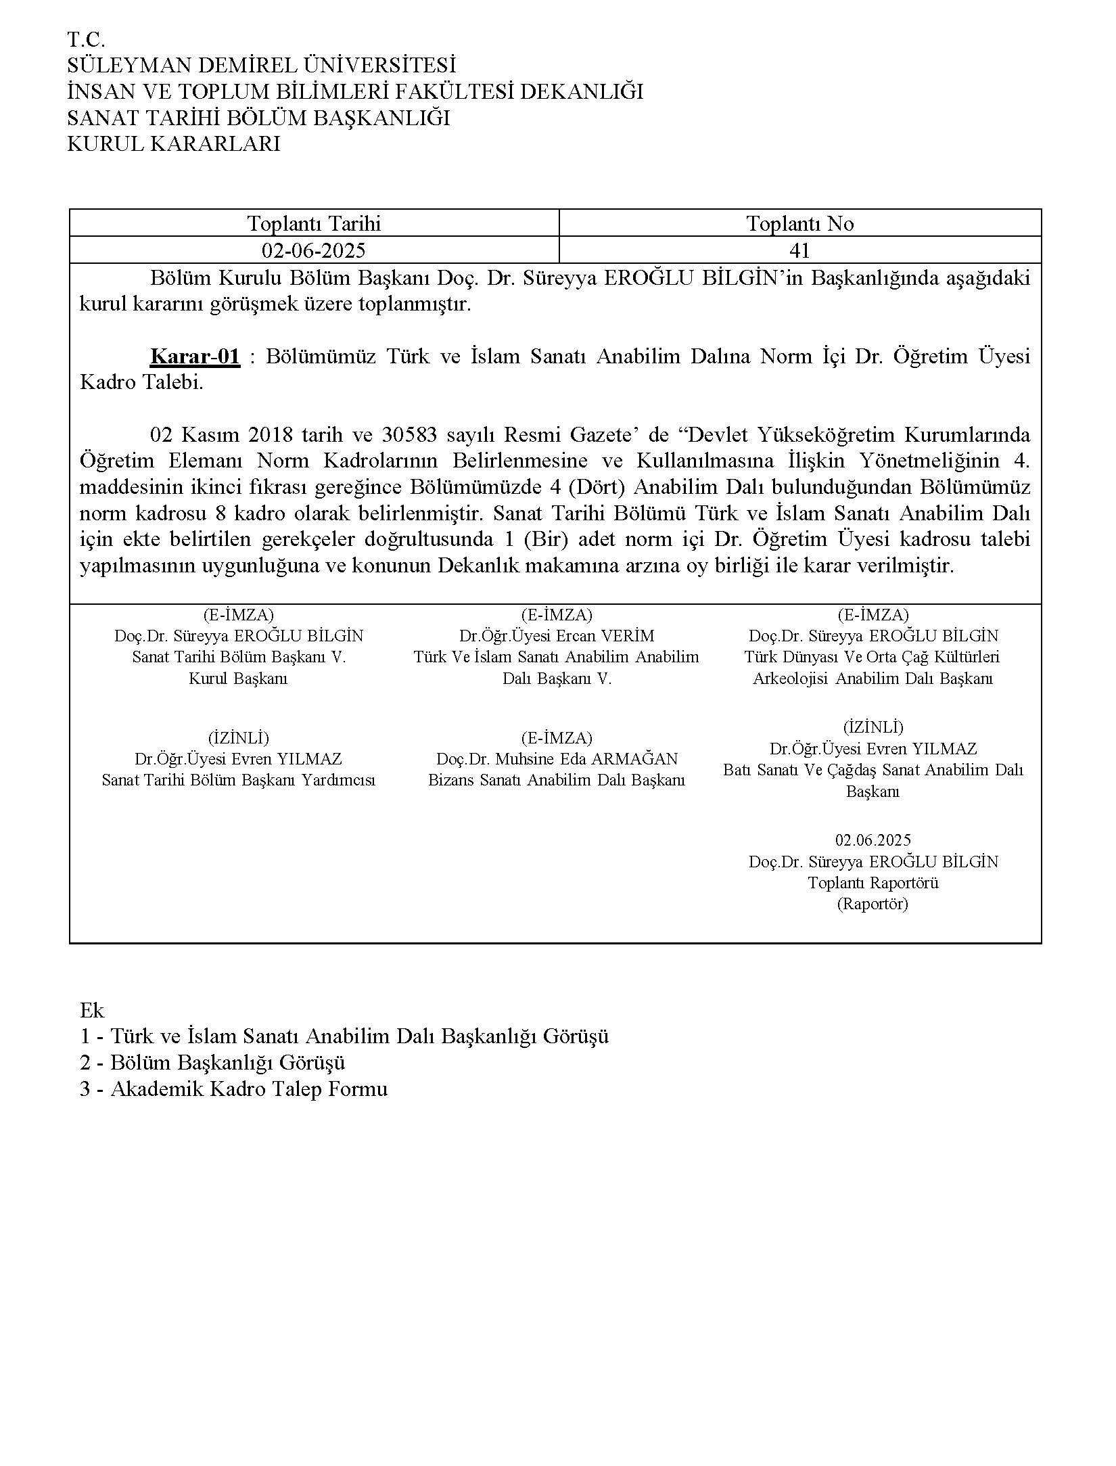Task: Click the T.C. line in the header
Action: tap(86, 39)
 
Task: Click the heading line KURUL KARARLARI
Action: tap(173, 144)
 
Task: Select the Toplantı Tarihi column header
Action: tap(314, 223)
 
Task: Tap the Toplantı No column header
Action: tap(800, 223)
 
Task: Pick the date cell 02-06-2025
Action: tap(314, 251)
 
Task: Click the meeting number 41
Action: tap(799, 251)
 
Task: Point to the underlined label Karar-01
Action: tap(195, 356)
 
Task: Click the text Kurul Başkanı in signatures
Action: tap(238, 679)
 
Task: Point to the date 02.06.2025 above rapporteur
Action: tap(873, 840)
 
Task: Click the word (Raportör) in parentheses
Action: tap(873, 904)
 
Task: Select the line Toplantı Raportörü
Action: tap(873, 883)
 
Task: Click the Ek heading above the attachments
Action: tap(92, 1010)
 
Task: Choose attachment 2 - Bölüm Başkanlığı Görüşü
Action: tap(212, 1062)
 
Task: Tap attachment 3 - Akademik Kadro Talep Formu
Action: tap(233, 1089)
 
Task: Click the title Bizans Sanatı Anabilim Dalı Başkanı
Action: tap(557, 780)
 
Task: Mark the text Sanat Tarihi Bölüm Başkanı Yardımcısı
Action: tap(238, 780)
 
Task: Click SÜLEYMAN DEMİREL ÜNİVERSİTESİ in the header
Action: tap(261, 66)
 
